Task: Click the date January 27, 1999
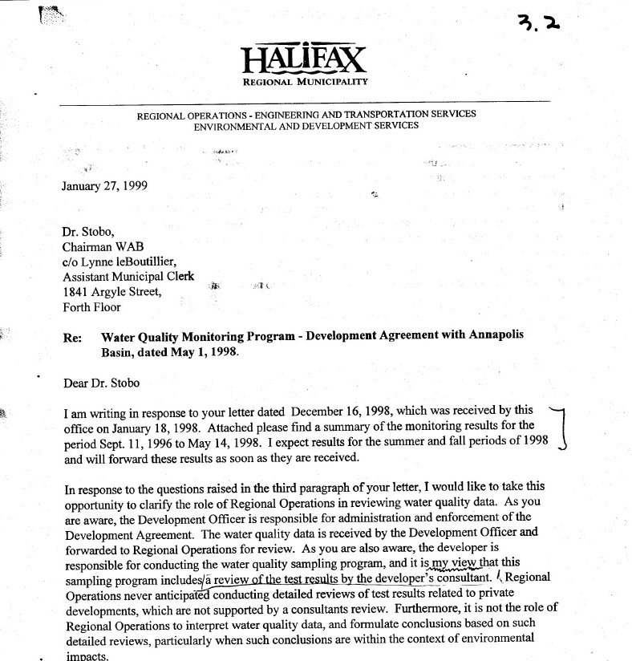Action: point(104,186)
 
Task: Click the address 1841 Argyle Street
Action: point(112,292)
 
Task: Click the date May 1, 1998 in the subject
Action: point(185,351)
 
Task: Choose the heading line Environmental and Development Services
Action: point(306,126)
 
